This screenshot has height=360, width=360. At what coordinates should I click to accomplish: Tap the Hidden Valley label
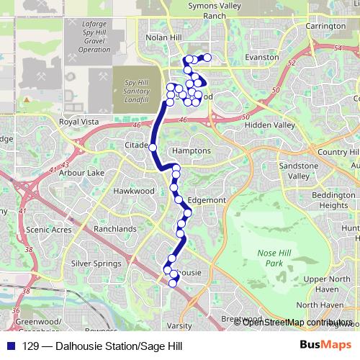pyautogui.click(x=270, y=125)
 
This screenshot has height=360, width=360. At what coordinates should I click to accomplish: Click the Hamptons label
pyautogui.click(x=192, y=151)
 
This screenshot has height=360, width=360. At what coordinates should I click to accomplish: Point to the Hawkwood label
pyautogui.click(x=134, y=191)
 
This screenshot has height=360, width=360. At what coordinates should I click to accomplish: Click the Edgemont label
pyautogui.click(x=207, y=200)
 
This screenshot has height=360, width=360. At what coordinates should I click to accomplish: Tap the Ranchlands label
pyautogui.click(x=114, y=229)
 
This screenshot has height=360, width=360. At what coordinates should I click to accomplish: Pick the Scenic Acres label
pyautogui.click(x=48, y=230)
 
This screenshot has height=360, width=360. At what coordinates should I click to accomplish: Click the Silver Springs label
pyautogui.click(x=96, y=264)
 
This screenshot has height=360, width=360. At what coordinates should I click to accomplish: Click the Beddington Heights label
pyautogui.click(x=334, y=200)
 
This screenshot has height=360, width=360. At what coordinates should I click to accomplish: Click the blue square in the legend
pyautogui.click(x=11, y=346)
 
